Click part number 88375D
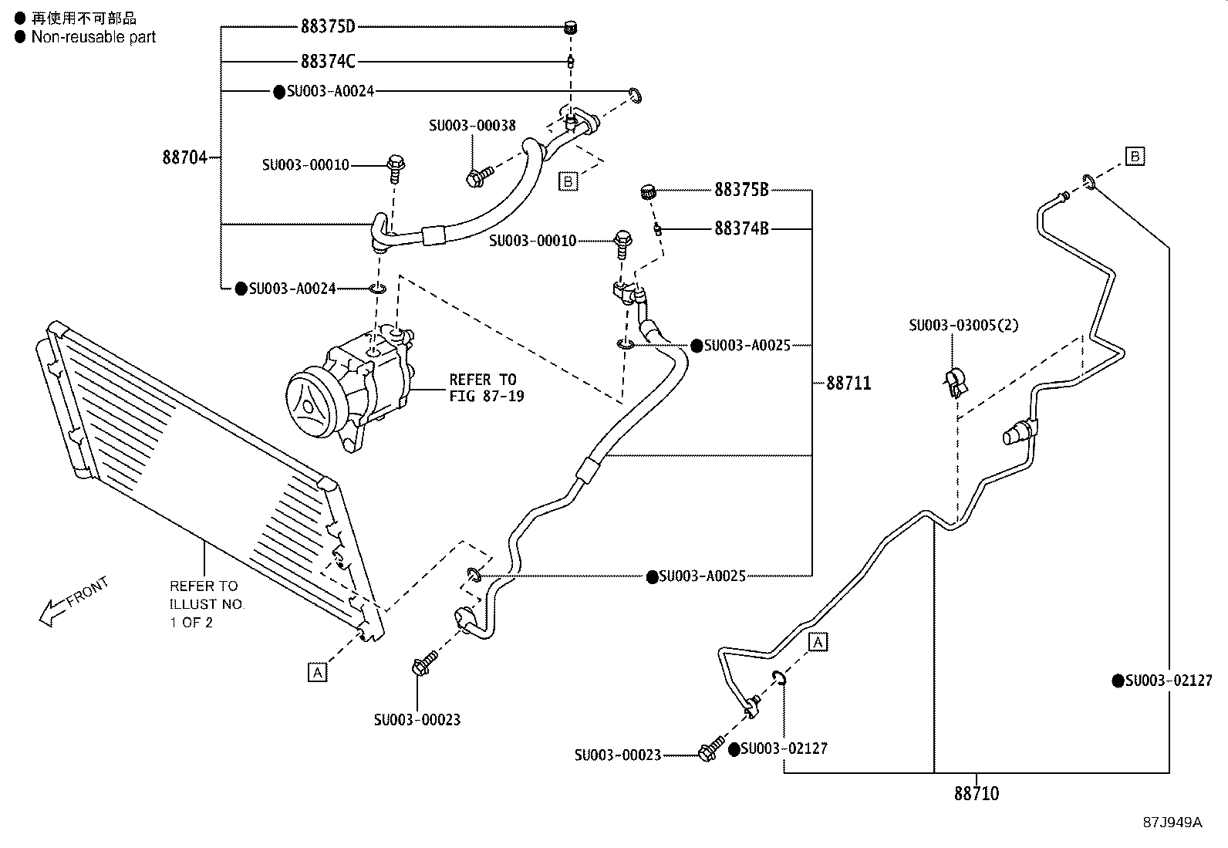click(328, 27)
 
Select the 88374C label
click(328, 61)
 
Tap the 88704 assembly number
click(185, 157)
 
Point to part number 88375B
click(741, 189)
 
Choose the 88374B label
click(741, 228)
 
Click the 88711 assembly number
click(848, 383)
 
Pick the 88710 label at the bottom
click(976, 793)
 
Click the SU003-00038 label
click(472, 125)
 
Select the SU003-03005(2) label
click(963, 325)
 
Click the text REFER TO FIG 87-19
click(486, 387)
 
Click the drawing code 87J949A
click(1172, 822)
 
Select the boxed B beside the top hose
click(568, 181)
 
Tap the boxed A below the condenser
click(317, 672)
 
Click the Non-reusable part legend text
click(93, 37)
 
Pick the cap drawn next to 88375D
click(571, 29)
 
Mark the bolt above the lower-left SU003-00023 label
click(425, 664)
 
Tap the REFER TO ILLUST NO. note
click(206, 603)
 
